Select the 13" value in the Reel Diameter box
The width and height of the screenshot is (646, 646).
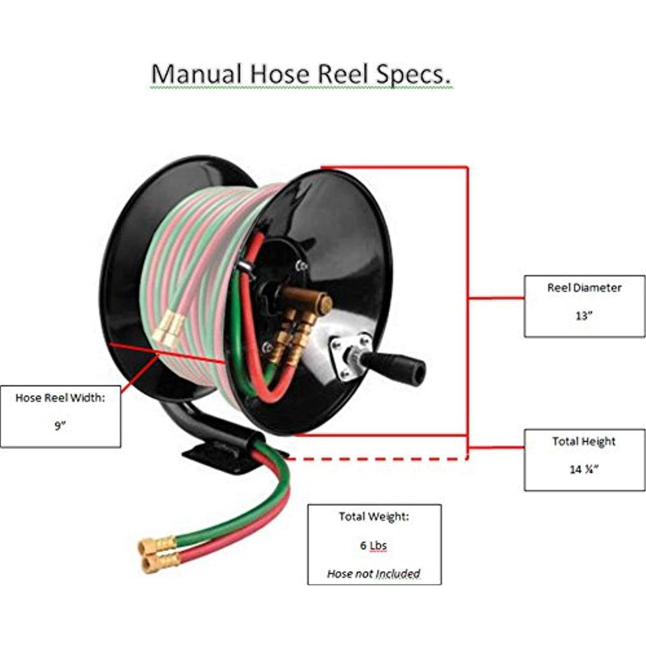[584, 316]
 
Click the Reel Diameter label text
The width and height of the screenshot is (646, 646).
[584, 288]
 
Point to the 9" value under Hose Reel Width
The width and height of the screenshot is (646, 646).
[60, 425]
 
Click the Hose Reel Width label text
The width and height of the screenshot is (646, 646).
[60, 398]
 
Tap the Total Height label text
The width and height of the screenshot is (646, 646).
[584, 441]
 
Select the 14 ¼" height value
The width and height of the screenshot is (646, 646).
[584, 469]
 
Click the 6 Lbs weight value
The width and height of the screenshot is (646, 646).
[373, 546]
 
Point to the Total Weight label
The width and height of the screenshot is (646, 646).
[373, 516]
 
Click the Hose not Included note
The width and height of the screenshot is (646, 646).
[373, 574]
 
